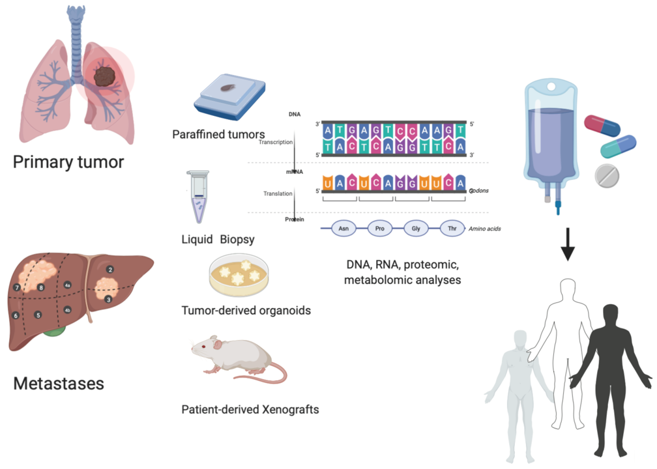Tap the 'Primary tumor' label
pyautogui.click(x=68, y=161)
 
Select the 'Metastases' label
pyautogui.click(x=59, y=383)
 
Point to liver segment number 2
pyautogui.click(x=110, y=269)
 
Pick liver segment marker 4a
pyautogui.click(x=67, y=285)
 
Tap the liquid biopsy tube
pyautogui.click(x=197, y=195)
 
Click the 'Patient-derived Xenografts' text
pyautogui.click(x=251, y=410)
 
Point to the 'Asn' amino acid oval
pyautogui.click(x=343, y=229)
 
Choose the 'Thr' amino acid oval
pyautogui.click(x=452, y=229)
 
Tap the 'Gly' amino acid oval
pyautogui.click(x=415, y=229)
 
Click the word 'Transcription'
pyautogui.click(x=276, y=141)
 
